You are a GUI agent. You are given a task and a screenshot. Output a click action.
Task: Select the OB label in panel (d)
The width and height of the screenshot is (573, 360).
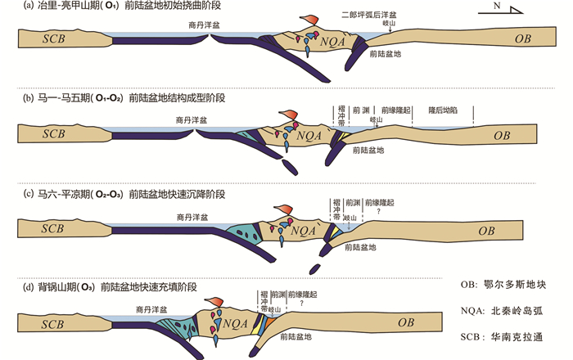[x=407, y=322]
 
